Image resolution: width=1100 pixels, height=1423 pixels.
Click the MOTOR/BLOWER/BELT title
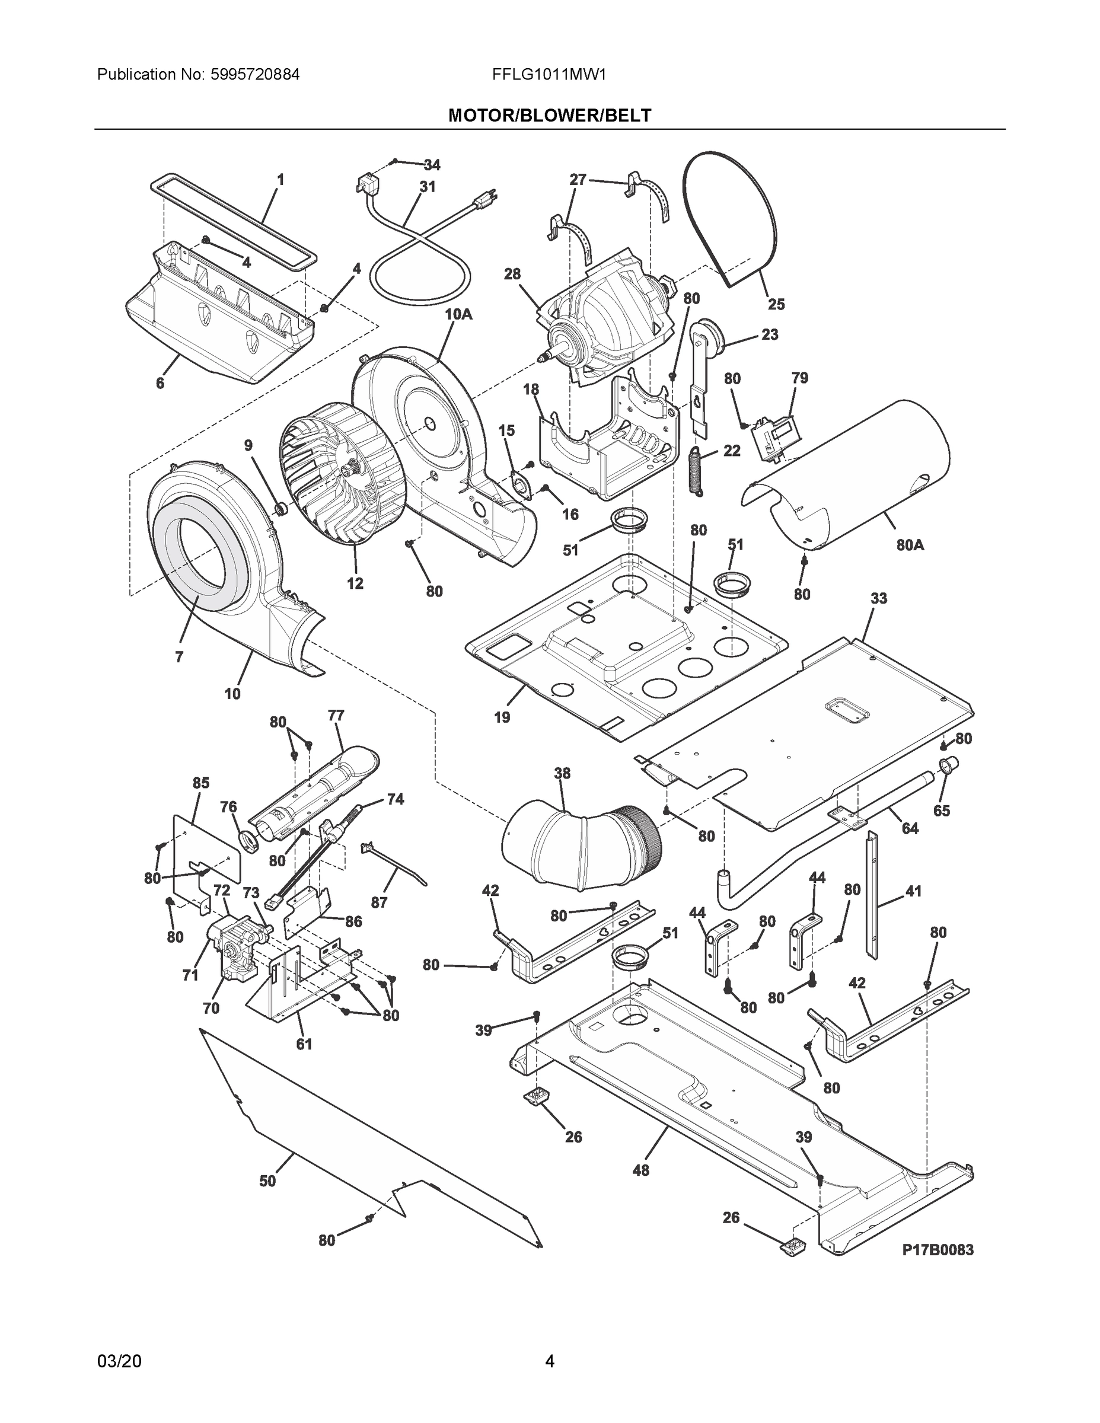click(549, 116)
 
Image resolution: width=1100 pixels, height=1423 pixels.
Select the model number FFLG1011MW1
click(549, 74)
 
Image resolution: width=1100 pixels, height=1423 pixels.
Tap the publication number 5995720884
click(255, 74)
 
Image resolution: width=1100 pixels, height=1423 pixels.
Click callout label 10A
click(458, 314)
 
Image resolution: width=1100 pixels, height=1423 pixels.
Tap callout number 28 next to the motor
click(512, 274)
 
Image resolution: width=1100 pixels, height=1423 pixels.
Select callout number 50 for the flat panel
click(268, 1180)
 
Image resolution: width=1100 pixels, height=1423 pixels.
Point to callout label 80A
click(910, 545)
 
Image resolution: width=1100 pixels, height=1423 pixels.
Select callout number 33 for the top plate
click(878, 598)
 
